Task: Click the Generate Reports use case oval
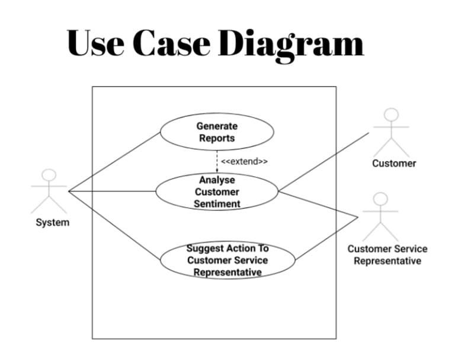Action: [217, 132]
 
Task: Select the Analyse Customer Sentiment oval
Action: [217, 191]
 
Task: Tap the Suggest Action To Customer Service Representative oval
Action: [227, 260]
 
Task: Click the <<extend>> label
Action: [244, 161]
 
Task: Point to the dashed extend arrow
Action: [217, 160]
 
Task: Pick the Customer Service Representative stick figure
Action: [380, 216]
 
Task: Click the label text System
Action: [52, 222]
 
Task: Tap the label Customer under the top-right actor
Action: [394, 163]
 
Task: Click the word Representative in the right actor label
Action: [387, 261]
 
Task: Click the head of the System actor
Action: [50, 175]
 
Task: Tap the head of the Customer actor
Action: [391, 114]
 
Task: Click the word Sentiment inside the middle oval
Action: [217, 203]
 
